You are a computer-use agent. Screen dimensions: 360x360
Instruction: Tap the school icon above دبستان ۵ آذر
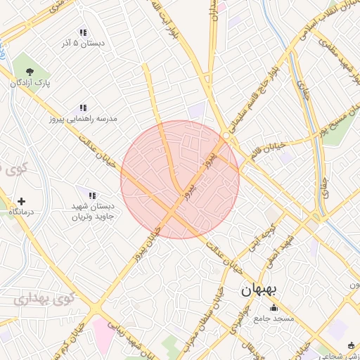point(83,32)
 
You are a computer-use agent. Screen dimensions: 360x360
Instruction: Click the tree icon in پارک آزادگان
point(30,71)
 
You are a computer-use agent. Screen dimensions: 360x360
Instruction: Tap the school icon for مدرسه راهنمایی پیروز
point(83,108)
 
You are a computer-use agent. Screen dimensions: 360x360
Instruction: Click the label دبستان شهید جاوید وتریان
point(92,212)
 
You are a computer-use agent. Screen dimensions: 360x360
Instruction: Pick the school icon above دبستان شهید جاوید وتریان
point(92,195)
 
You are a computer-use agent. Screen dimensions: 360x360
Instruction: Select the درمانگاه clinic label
point(22,212)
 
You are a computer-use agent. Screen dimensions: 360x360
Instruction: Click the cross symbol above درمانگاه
point(21,201)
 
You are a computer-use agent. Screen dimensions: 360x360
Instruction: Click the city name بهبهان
point(259,289)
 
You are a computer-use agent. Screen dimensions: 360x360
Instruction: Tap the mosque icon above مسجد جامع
point(274,308)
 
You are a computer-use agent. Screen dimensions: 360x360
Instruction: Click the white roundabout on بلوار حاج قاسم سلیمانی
point(225,135)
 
